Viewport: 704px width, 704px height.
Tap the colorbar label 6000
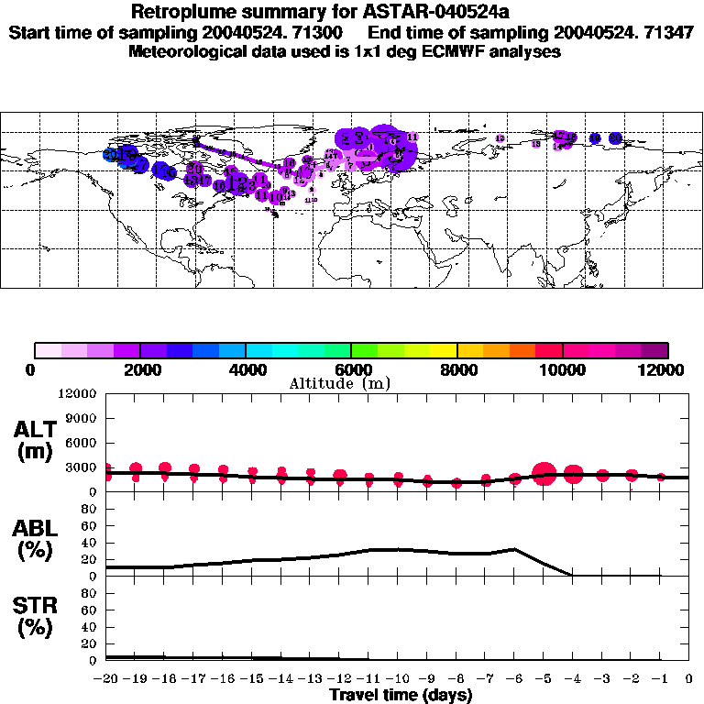(351, 369)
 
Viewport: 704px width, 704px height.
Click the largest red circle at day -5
(544, 474)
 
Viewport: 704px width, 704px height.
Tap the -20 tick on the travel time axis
(107, 679)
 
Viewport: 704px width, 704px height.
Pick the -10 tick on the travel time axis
(399, 679)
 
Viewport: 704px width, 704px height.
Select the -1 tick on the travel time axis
(661, 679)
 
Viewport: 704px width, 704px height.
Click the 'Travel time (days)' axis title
(401, 695)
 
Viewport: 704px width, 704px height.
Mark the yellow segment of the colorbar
(443, 350)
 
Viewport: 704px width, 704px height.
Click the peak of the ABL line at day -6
(515, 549)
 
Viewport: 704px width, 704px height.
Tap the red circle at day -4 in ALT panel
(573, 474)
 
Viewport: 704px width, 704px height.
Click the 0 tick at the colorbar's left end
(32, 369)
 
